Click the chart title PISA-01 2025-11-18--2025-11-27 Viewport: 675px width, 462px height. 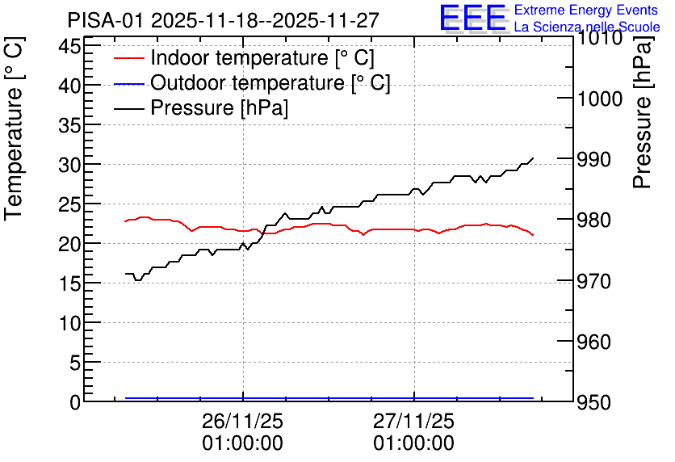point(223,20)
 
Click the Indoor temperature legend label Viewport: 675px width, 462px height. point(262,57)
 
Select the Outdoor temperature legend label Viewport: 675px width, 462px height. point(270,82)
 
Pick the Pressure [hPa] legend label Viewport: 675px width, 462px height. point(219,107)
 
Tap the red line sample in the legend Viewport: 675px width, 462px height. point(128,58)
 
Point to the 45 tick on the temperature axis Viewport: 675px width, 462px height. point(69,46)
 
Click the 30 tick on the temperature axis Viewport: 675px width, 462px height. point(69,165)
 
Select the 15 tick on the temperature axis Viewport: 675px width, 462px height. point(69,283)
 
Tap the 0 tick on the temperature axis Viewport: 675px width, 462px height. point(75,402)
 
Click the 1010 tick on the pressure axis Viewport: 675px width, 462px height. point(595,38)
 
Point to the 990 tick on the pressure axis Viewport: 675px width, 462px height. point(593,160)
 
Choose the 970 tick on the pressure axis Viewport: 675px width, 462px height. point(593,281)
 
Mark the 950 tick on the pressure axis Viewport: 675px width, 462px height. point(593,402)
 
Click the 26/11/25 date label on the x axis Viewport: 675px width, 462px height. point(243,421)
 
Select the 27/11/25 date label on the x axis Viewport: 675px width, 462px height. point(413,421)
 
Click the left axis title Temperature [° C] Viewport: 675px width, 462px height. point(14,128)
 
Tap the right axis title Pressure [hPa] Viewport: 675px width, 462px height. point(644,112)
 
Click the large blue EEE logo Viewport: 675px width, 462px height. point(472,18)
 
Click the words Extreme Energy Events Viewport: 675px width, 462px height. point(586,10)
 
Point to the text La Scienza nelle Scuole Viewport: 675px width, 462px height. point(587,27)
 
